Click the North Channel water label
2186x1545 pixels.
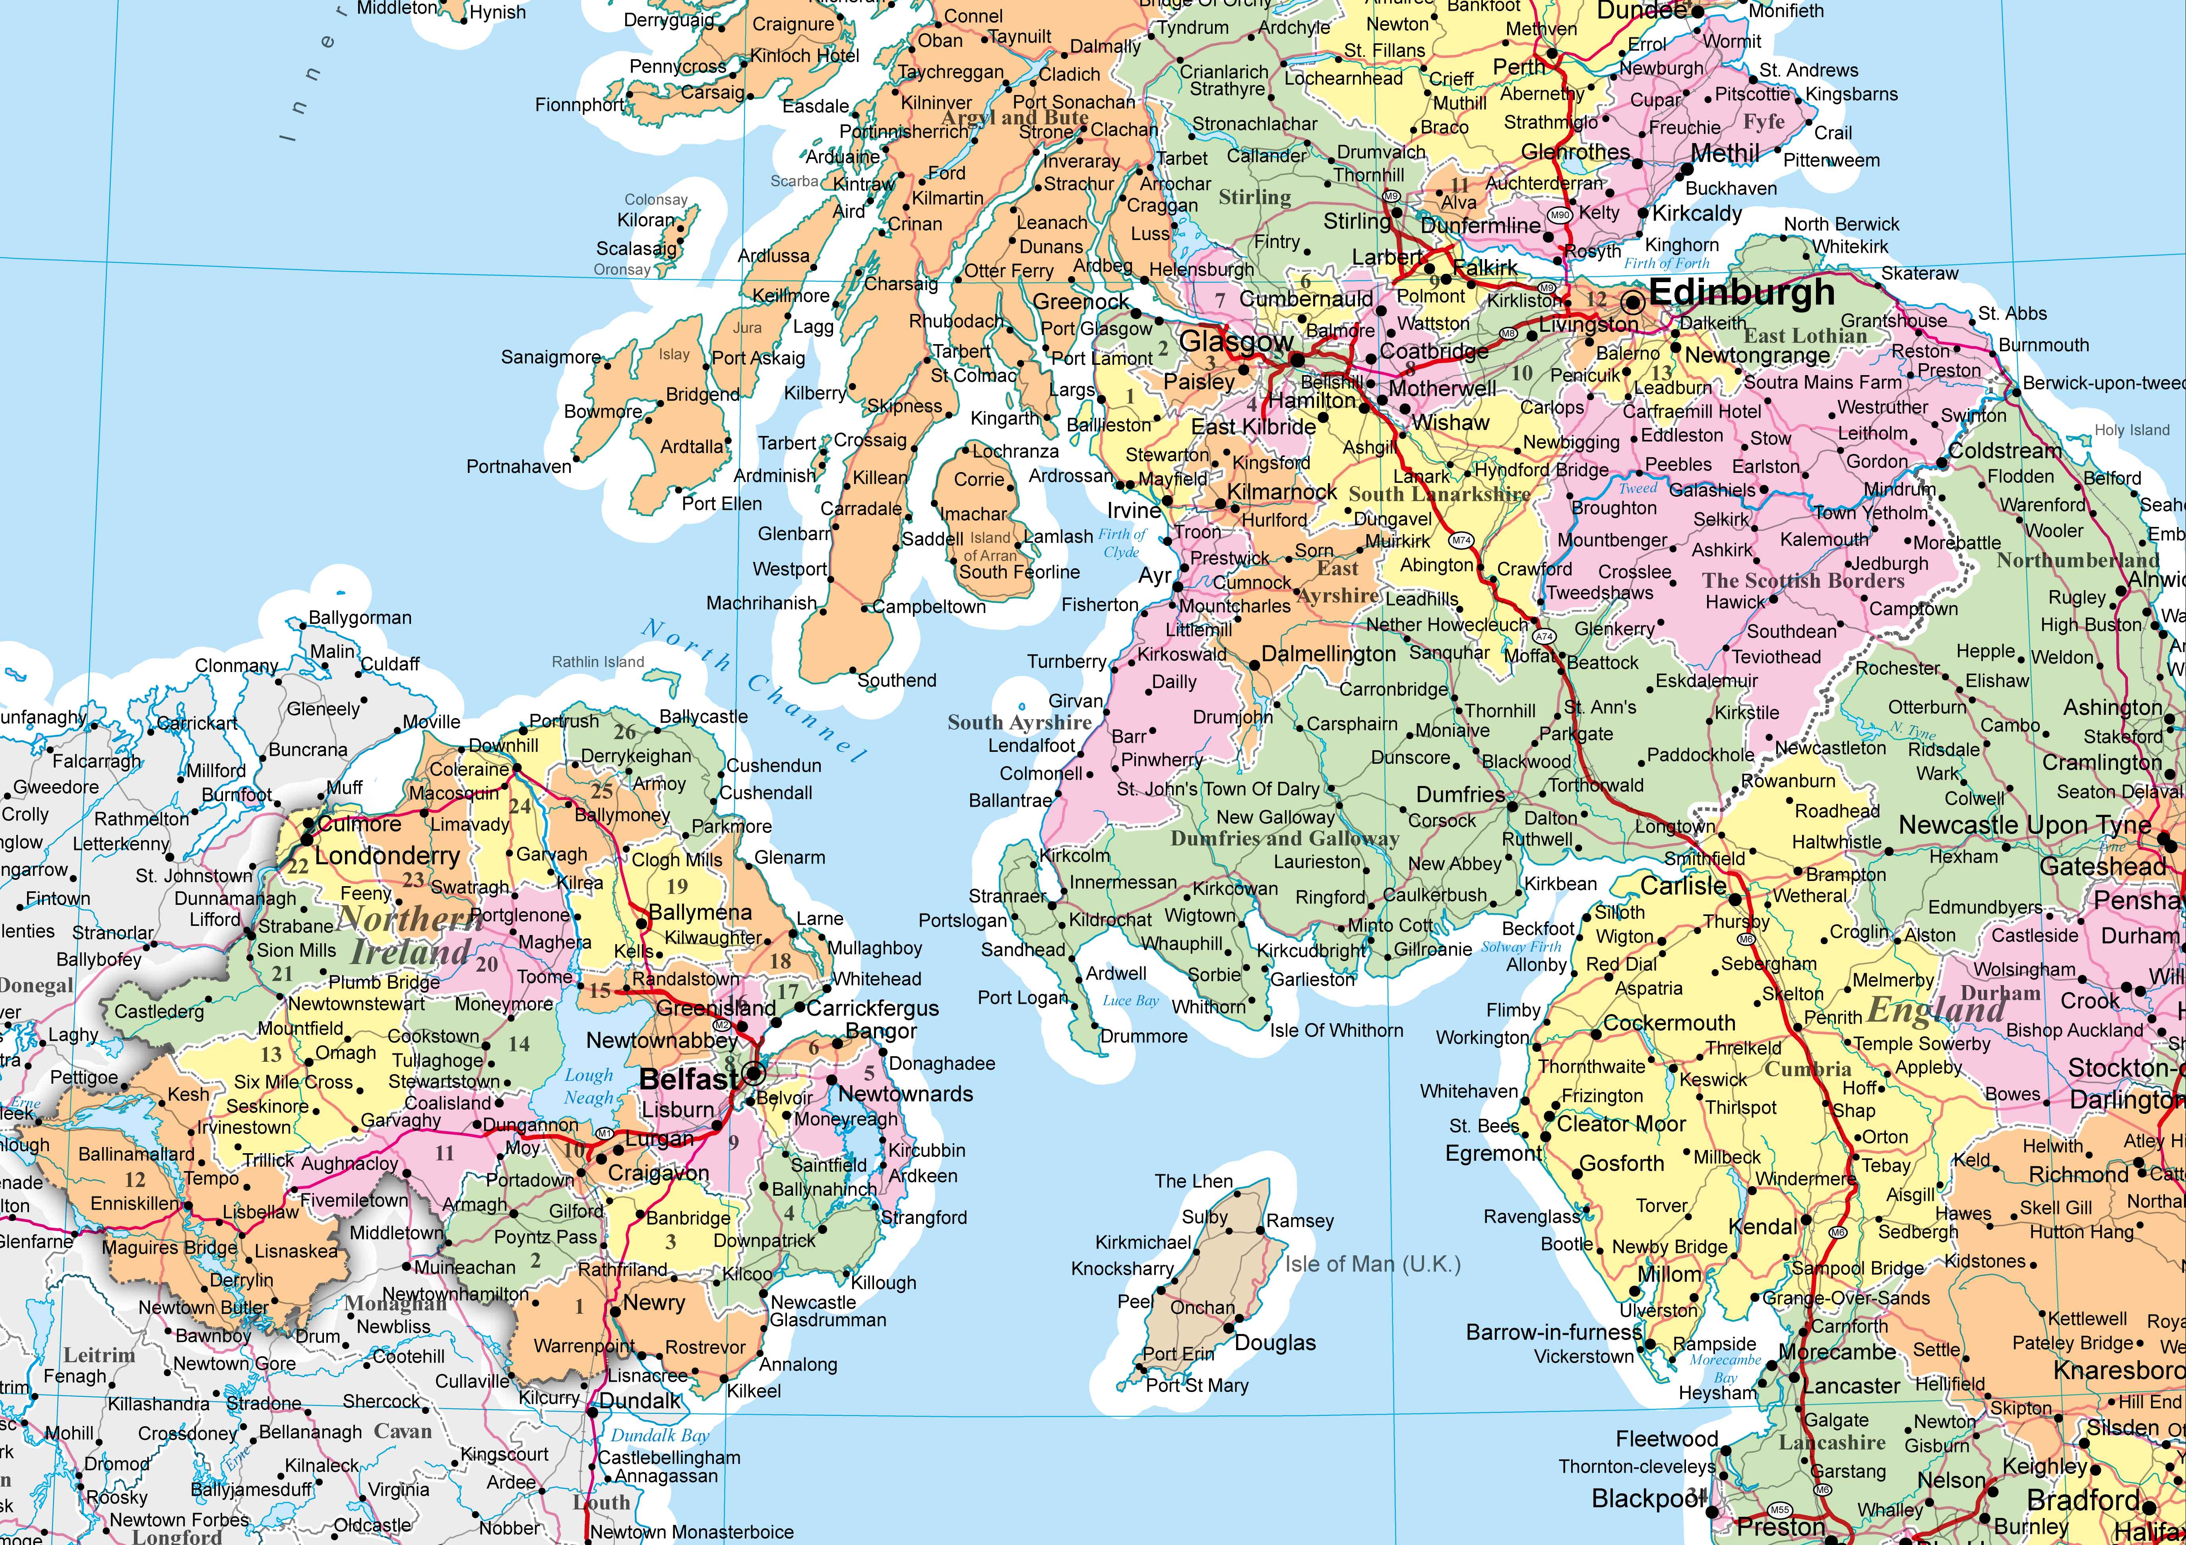click(x=752, y=690)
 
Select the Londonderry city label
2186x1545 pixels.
click(x=387, y=856)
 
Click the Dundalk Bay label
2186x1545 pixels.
click(x=660, y=1436)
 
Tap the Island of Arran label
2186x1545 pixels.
click(x=990, y=546)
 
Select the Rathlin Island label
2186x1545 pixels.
click(x=598, y=662)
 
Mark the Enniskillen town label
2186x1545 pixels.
click(x=134, y=1203)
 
